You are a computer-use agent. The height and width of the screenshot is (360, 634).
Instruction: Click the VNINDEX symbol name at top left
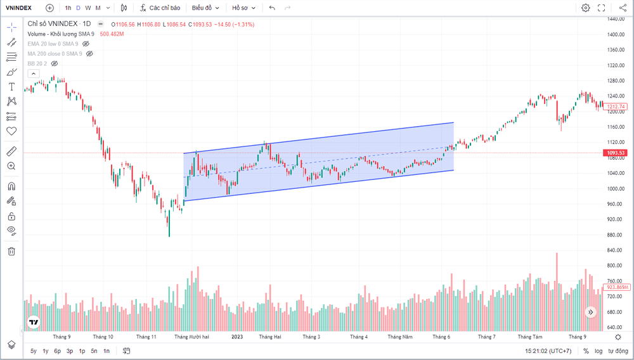18,8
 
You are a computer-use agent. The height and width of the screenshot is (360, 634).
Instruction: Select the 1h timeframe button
68,8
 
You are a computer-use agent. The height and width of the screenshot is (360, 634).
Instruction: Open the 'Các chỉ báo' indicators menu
160,8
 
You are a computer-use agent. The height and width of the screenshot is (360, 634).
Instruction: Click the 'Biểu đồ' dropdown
205,8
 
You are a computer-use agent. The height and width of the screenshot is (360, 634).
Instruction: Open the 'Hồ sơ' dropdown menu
243,8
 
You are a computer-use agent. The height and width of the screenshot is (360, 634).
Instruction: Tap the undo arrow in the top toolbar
272,8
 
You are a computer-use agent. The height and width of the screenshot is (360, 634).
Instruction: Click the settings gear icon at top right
585,8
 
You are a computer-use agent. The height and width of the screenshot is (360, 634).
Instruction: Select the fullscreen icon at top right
601,8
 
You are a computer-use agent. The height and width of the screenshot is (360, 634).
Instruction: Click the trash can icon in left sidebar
11,252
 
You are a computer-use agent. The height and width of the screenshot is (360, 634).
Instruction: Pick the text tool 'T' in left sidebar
11,87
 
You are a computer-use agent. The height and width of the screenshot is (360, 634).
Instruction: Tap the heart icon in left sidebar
11,131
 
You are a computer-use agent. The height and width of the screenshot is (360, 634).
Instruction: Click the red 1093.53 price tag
615,153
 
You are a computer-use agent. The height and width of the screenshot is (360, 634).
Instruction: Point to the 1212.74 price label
615,106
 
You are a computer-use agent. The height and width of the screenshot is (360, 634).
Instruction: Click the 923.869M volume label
616,287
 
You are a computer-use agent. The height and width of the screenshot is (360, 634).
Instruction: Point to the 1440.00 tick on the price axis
616,19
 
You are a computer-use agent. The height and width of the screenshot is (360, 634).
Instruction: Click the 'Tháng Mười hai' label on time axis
191,337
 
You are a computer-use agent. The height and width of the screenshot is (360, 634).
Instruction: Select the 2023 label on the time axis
237,337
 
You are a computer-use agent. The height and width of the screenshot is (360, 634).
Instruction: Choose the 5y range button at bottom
34,351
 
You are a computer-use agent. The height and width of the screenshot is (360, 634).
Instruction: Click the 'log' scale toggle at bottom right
598,351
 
